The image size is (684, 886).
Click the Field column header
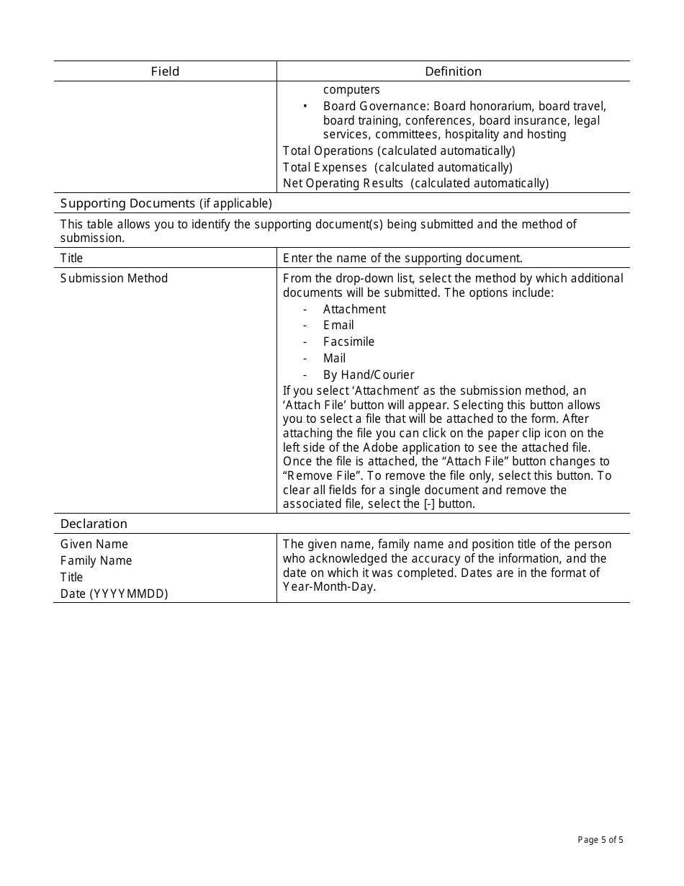click(165, 71)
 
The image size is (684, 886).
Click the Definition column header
click(453, 71)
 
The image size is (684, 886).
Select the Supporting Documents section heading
click(166, 203)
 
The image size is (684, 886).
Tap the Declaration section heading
click(94, 524)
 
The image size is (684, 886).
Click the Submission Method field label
click(114, 278)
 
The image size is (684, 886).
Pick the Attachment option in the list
click(354, 309)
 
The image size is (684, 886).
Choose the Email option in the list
click(338, 325)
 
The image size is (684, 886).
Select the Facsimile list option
click(348, 341)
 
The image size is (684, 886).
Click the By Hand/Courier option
click(369, 375)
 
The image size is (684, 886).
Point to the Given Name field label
click(94, 544)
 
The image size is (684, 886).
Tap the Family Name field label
click(96, 560)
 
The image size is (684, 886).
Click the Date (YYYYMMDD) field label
click(114, 594)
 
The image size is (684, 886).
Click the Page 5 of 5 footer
click(600, 839)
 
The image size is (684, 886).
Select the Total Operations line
click(399, 151)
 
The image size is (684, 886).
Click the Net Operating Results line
click(415, 183)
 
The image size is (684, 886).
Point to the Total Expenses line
click(397, 167)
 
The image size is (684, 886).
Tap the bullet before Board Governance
click(305, 107)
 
